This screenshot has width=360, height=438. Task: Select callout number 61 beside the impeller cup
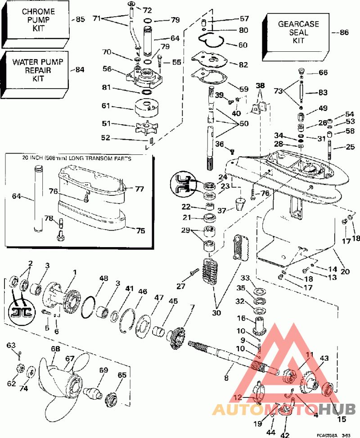(106, 106)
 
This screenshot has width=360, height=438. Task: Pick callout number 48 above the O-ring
(104, 279)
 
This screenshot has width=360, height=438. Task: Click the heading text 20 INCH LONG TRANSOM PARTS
(74, 158)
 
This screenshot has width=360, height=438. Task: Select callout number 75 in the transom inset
(140, 230)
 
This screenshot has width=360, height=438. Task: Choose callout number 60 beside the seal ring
(243, 45)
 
